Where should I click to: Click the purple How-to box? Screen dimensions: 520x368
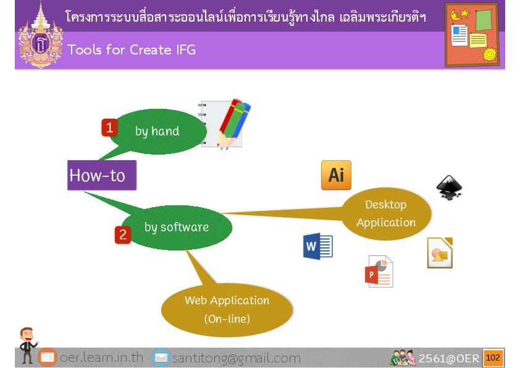click(x=102, y=175)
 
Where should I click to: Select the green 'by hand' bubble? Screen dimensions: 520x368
click(x=157, y=132)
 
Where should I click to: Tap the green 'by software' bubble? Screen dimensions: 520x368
click(x=177, y=228)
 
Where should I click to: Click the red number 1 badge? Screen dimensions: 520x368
click(x=109, y=127)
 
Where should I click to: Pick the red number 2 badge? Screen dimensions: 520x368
click(x=123, y=235)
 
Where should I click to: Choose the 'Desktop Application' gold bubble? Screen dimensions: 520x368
click(x=386, y=213)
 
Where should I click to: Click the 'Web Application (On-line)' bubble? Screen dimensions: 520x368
click(x=227, y=309)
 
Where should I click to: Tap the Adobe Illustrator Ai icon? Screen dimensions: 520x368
click(x=336, y=175)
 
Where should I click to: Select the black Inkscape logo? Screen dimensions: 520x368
click(x=449, y=187)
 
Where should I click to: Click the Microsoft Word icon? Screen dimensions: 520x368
click(x=317, y=246)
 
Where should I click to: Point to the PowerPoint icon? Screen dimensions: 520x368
click(x=379, y=272)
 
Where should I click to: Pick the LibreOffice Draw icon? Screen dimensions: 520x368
click(x=440, y=253)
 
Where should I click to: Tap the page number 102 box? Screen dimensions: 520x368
click(x=493, y=357)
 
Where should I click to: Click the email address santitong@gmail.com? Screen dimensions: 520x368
click(x=237, y=358)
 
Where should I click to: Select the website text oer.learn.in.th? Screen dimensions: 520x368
click(x=102, y=357)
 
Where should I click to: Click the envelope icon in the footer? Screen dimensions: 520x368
click(x=161, y=357)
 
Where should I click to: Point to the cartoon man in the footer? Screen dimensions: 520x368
click(x=28, y=345)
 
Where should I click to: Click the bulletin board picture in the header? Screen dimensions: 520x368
click(x=472, y=35)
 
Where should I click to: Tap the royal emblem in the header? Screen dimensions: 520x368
click(x=41, y=36)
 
